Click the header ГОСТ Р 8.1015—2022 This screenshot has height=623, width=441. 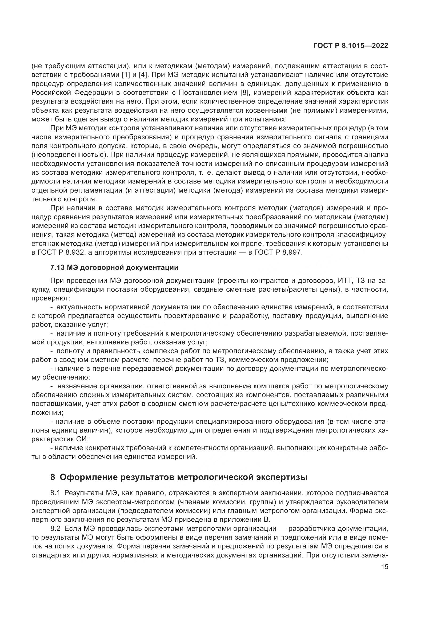point(351,46)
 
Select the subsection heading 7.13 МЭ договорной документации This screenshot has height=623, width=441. point(114,267)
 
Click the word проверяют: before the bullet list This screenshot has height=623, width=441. point(51,298)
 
